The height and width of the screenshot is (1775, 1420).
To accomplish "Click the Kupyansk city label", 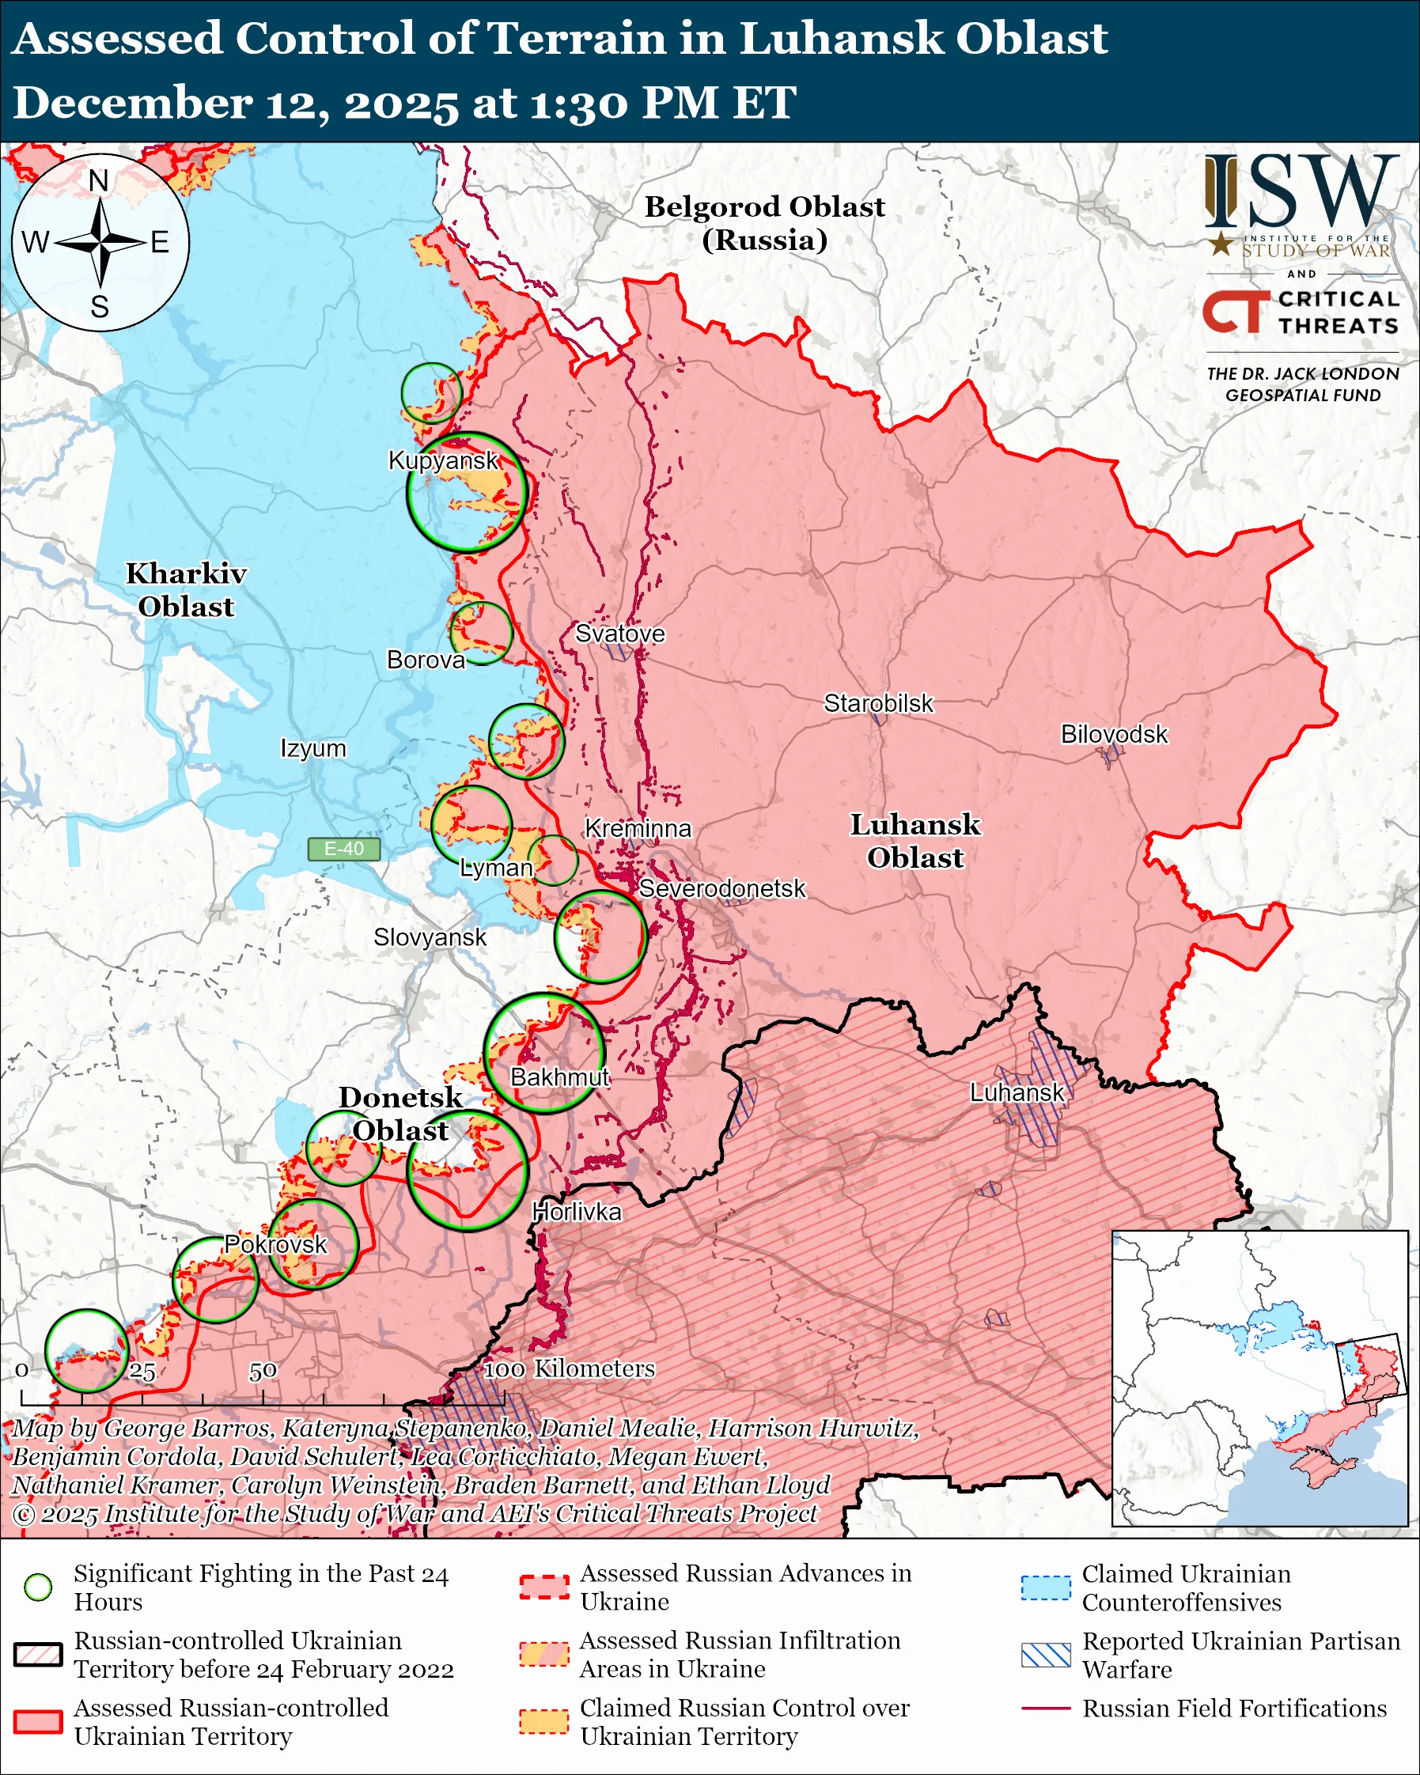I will click(x=443, y=460).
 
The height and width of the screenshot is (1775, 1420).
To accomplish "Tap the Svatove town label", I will click(x=620, y=633).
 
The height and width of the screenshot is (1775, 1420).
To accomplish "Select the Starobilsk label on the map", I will click(x=878, y=703).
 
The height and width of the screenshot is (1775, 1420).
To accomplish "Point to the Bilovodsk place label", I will click(x=1113, y=733).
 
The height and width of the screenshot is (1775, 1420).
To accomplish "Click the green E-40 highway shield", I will click(x=343, y=849).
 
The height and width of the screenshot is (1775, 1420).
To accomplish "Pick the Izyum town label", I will click(x=312, y=748).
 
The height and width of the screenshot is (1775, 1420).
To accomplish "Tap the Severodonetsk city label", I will click(x=722, y=888).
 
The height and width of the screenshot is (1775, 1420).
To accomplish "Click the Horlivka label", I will click(x=576, y=1212).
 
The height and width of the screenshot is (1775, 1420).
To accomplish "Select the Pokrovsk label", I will click(x=276, y=1244).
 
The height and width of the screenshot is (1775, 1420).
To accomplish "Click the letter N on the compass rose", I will click(x=99, y=181).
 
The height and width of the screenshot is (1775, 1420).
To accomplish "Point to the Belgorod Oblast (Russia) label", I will click(x=764, y=222).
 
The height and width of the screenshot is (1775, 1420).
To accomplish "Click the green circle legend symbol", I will click(x=38, y=1586).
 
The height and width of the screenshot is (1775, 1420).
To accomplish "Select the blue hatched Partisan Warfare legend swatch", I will click(x=1046, y=1655).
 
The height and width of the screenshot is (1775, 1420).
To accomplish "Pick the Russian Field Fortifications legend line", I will click(x=1046, y=1709).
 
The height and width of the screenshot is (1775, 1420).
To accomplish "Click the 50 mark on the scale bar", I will click(x=263, y=1371).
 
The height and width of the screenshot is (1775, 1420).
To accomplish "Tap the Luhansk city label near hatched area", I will click(x=1017, y=1092).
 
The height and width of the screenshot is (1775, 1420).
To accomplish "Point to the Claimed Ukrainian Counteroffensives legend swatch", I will click(x=1046, y=1587).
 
